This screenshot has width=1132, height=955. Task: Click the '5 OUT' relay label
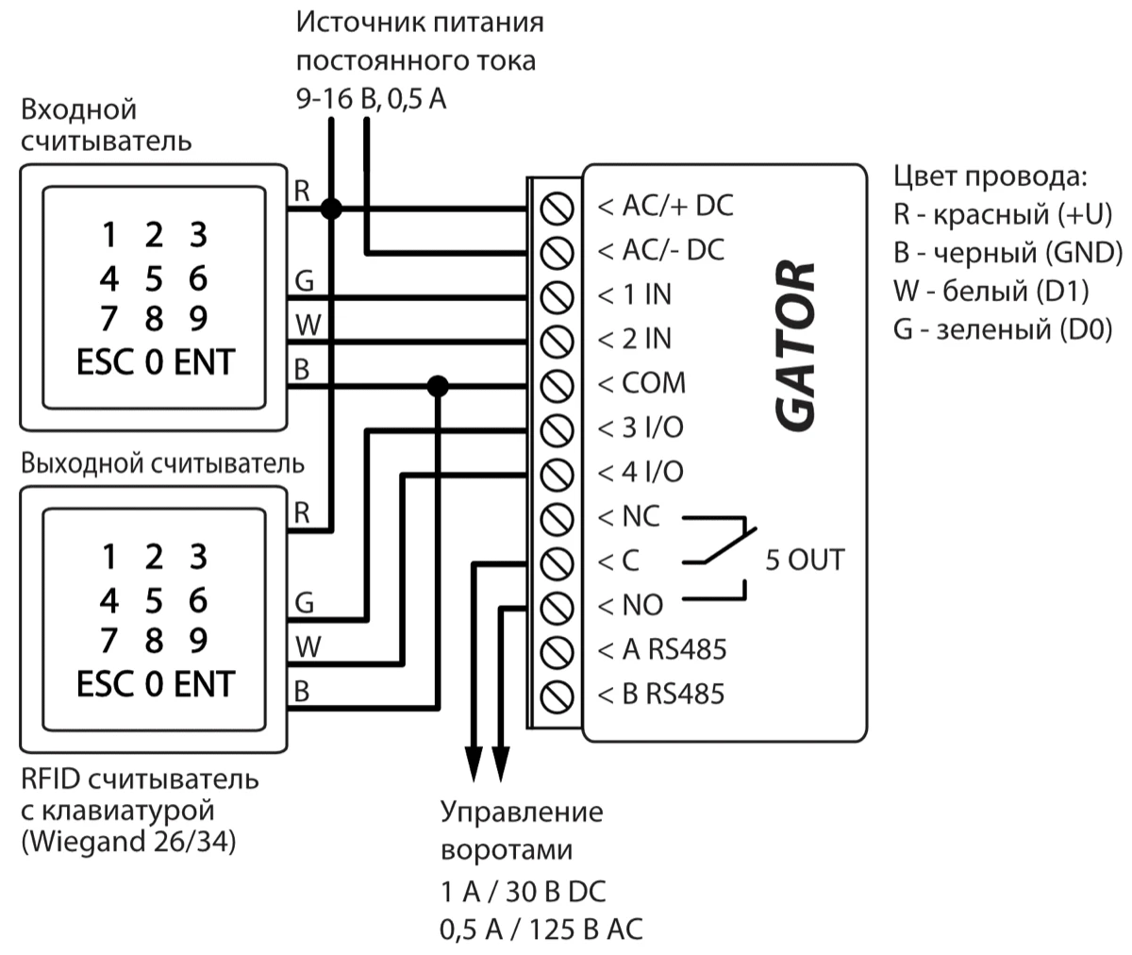[x=804, y=560]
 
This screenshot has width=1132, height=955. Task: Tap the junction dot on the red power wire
[x=330, y=208]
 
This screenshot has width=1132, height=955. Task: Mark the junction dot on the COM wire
[x=437, y=385]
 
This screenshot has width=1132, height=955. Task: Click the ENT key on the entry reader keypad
[x=204, y=362]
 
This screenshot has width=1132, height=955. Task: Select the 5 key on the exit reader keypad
[x=154, y=600]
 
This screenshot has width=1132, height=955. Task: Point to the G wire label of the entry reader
[x=304, y=281]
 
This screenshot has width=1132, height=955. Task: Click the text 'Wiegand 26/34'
[x=128, y=840]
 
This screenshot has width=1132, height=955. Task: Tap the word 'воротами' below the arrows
[x=507, y=850]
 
